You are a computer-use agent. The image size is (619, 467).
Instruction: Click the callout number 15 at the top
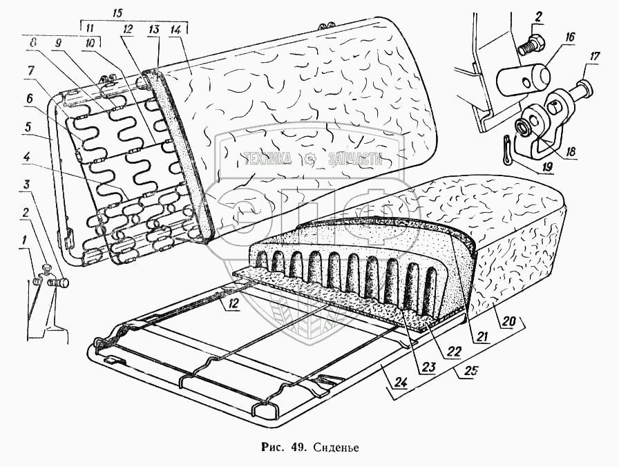point(117,13)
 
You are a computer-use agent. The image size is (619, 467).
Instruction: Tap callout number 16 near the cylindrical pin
point(570,38)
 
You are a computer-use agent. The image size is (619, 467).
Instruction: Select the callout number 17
point(595,57)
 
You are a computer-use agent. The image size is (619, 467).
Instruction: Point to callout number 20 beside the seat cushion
point(508,321)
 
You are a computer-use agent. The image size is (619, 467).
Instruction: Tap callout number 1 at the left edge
point(24,239)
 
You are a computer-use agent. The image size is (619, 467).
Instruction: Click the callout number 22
point(454,351)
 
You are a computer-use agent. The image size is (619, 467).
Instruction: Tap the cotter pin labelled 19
point(508,153)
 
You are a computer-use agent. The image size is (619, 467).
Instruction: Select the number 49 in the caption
point(298,448)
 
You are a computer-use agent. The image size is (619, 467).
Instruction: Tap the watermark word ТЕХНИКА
point(267,159)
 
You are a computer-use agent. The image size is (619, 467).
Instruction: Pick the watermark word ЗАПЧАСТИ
point(355,159)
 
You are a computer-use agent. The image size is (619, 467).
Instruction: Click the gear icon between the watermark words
point(310,159)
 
